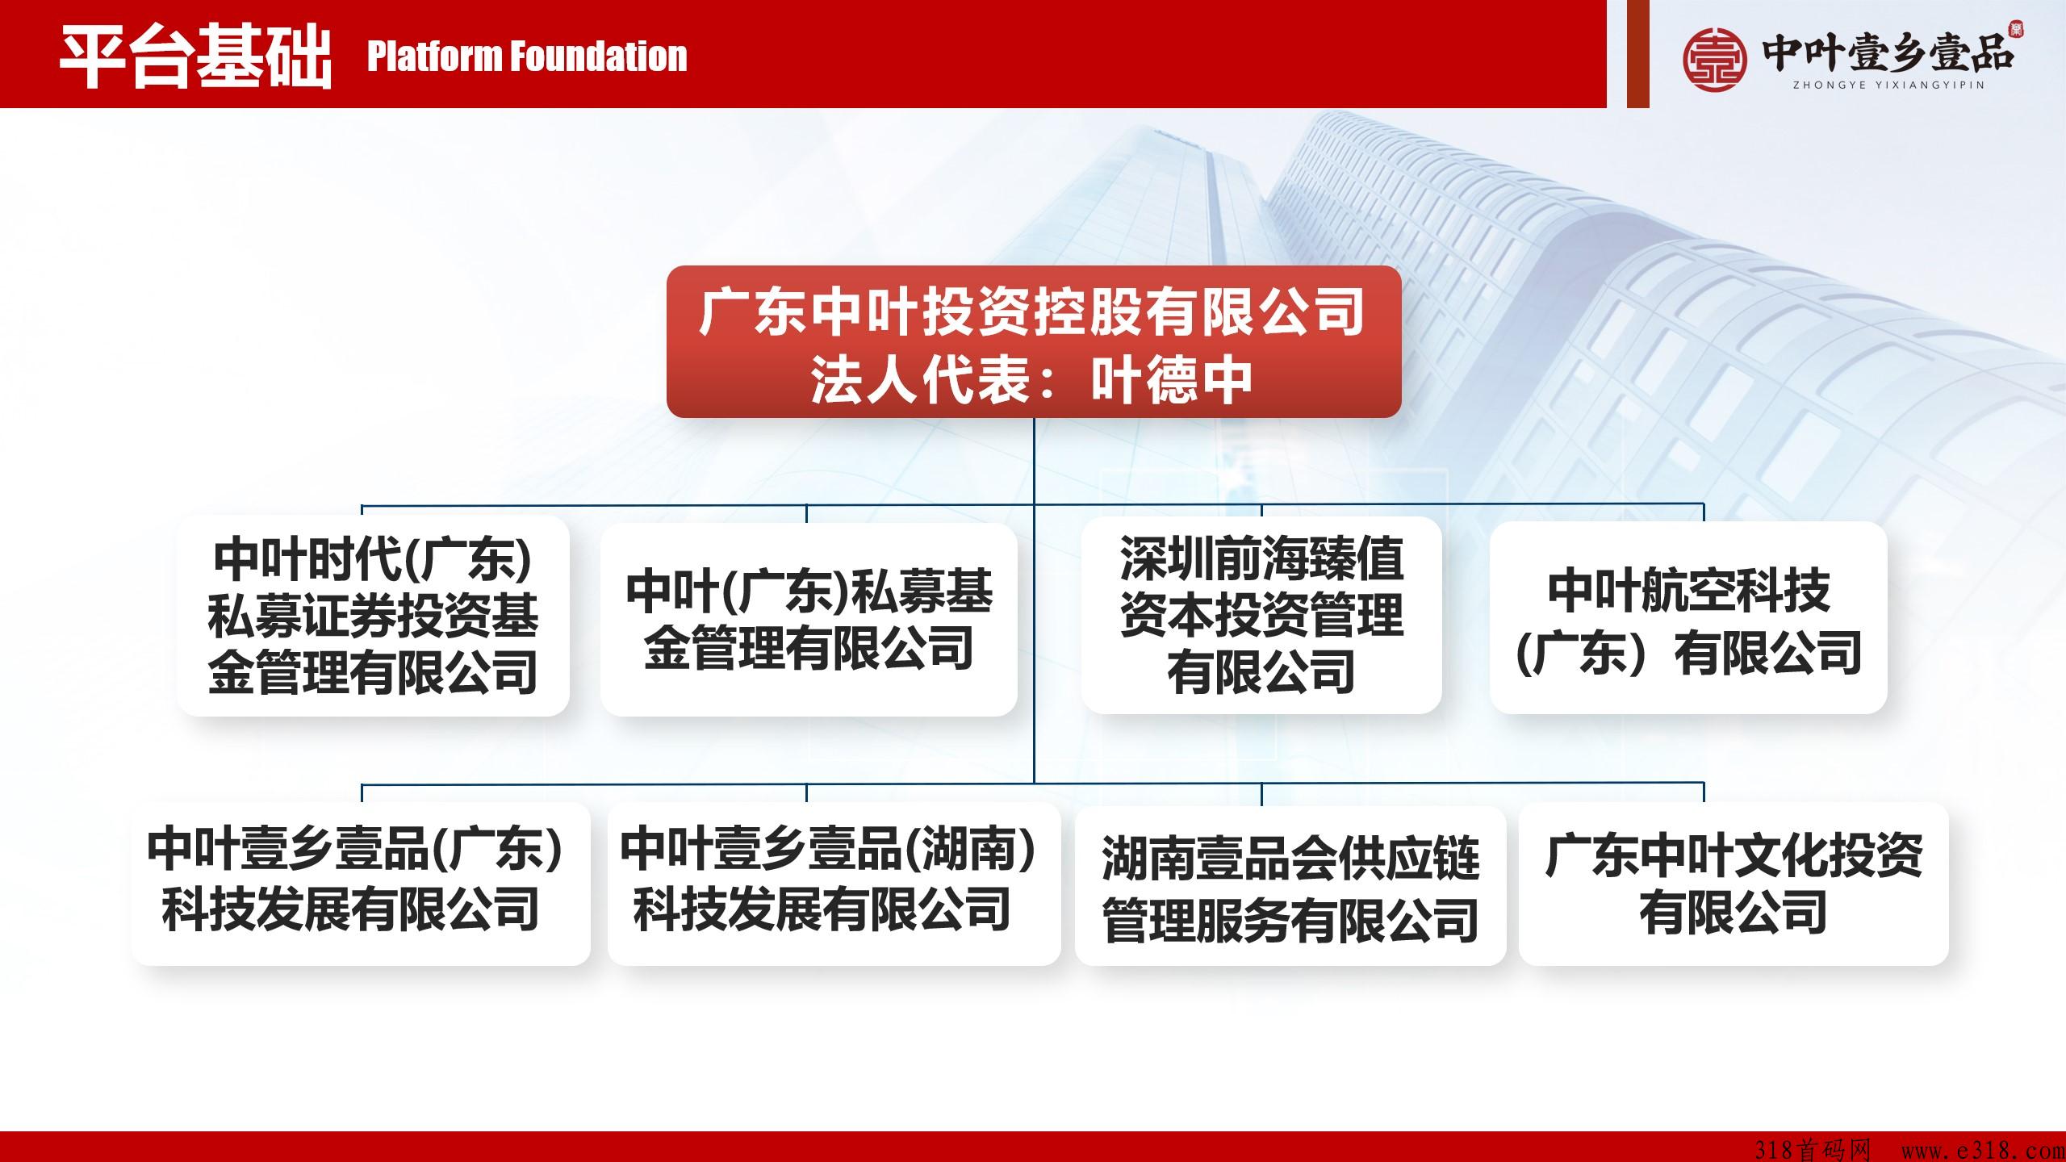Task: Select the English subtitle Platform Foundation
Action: pos(527,56)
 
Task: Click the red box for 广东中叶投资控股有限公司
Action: pos(1034,341)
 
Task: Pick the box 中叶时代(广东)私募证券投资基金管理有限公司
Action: pos(373,616)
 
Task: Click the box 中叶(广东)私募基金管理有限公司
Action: pos(809,619)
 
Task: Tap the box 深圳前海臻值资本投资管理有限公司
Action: pos(1261,616)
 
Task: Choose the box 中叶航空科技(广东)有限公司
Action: pos(1688,617)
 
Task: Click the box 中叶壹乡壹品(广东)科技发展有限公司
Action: pos(361,884)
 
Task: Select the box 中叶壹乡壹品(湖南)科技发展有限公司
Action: pos(834,884)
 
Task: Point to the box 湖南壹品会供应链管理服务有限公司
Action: pos(1290,885)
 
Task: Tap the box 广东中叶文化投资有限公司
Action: pos(1734,884)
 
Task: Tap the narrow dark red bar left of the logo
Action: pos(1637,53)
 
